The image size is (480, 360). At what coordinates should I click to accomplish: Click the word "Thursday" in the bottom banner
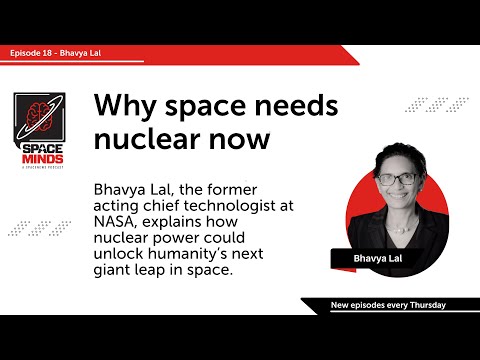pos(423,304)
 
